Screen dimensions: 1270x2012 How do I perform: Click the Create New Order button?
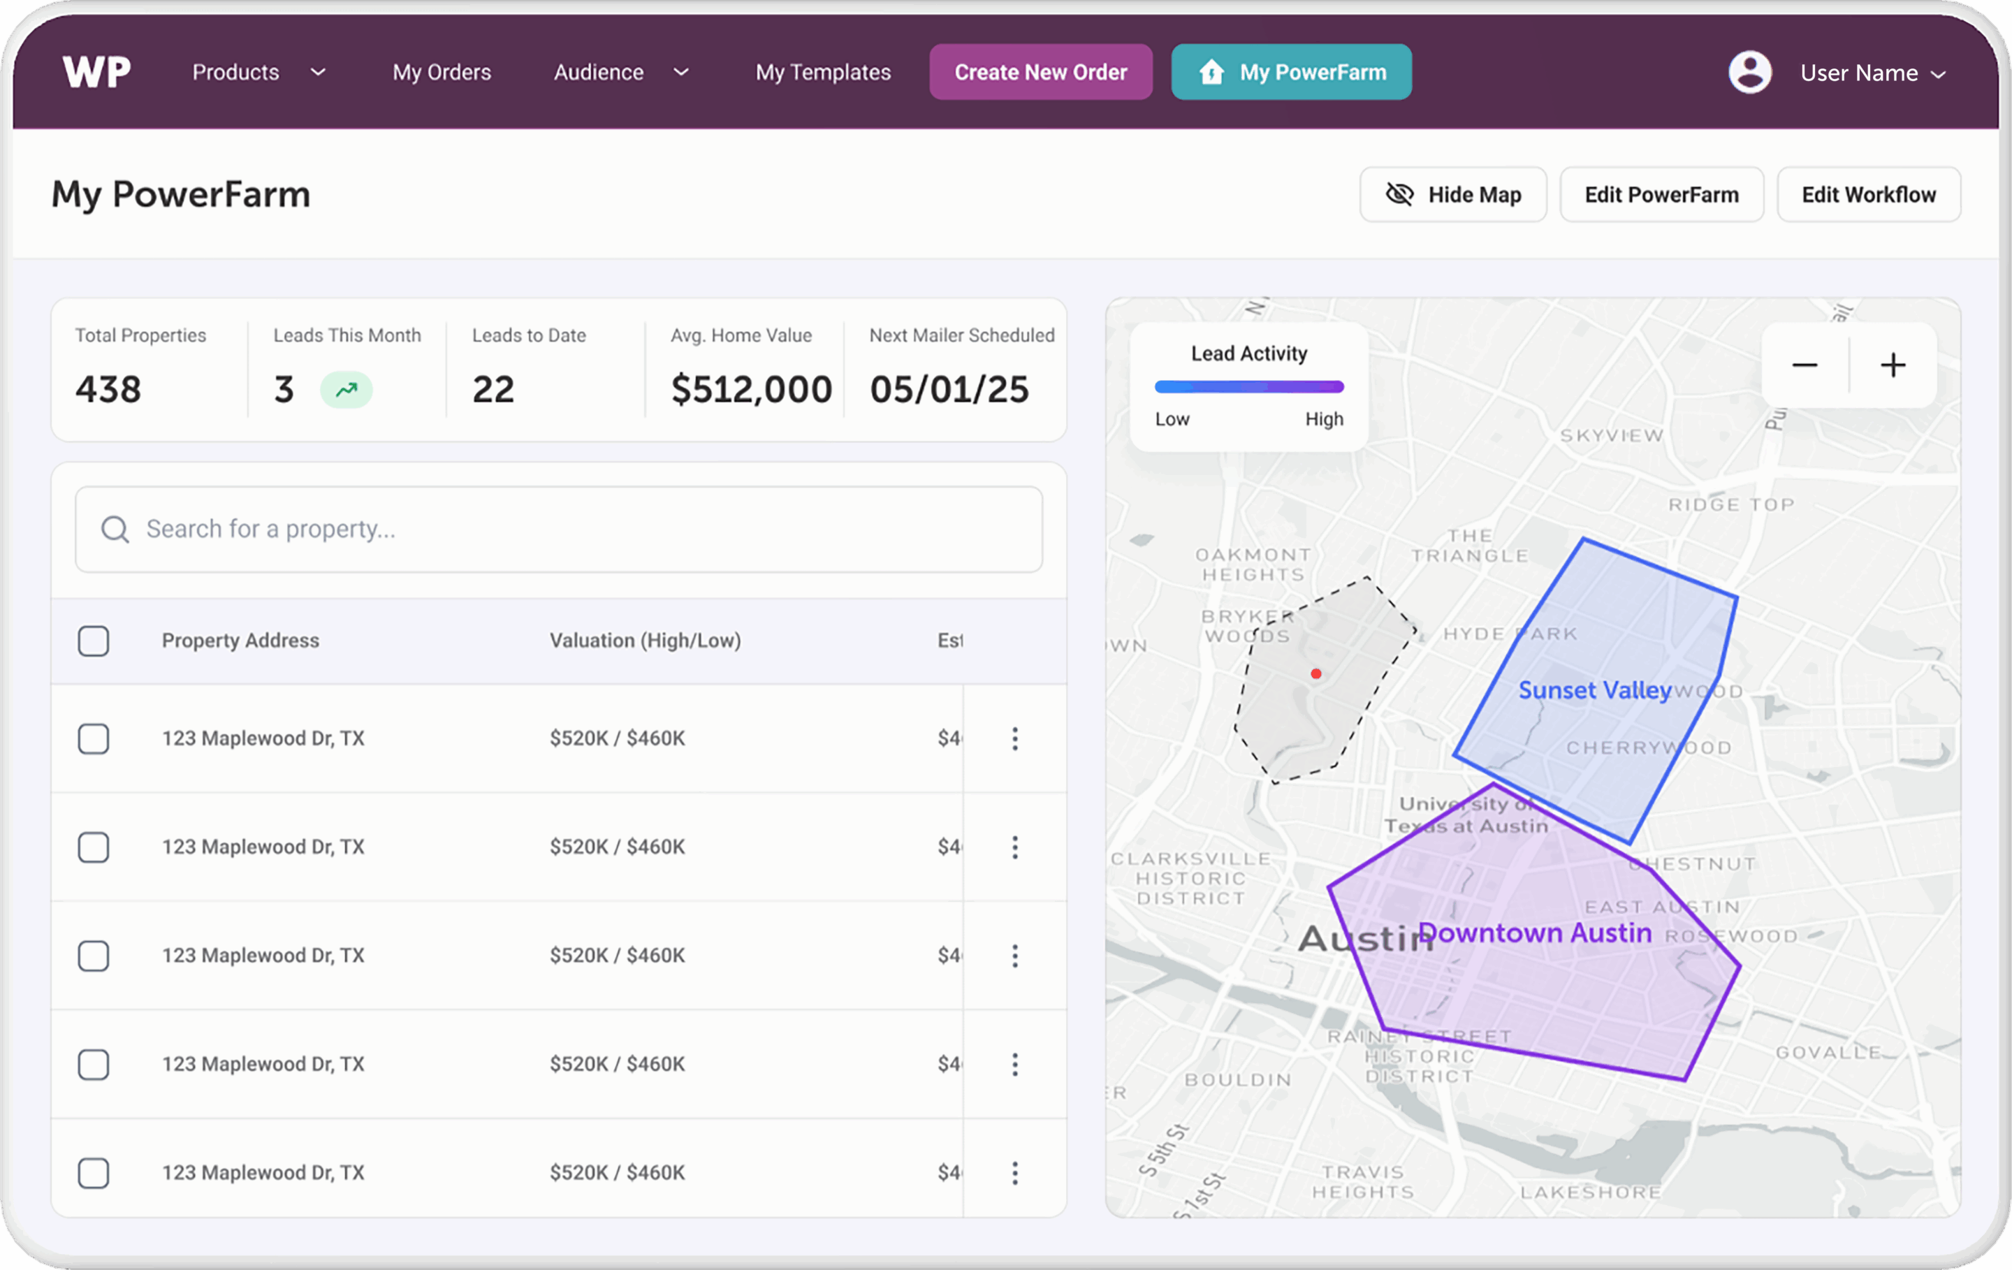1040,73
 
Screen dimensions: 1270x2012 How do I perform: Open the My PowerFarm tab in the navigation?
1291,73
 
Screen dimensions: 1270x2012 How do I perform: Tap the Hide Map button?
1453,195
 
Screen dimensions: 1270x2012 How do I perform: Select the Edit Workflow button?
1868,195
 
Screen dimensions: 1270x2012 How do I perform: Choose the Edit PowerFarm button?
1661,195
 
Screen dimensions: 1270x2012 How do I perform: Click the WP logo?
97,73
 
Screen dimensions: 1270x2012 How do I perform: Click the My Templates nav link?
823,73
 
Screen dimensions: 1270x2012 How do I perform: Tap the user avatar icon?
1749,73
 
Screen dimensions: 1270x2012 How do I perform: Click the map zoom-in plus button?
1893,365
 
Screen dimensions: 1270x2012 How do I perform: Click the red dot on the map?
1316,673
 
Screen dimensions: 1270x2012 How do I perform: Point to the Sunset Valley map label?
1594,690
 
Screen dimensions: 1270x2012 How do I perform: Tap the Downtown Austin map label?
1535,933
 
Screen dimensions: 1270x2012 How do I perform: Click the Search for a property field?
558,529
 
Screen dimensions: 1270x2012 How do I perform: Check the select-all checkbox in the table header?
94,641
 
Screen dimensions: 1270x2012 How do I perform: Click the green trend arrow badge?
346,389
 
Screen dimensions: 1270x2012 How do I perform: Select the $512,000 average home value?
751,389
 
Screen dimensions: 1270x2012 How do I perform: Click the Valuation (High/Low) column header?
645,641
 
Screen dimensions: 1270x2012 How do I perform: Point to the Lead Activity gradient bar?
1249,387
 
